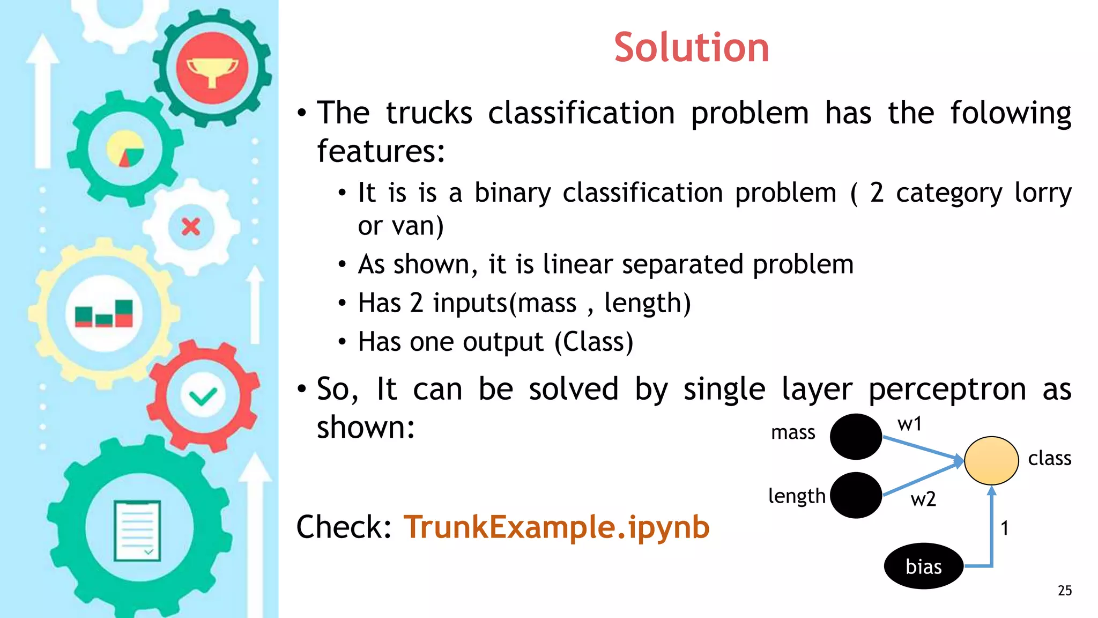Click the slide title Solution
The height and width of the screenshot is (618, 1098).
[691, 48]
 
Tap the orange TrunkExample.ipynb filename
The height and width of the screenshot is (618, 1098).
[557, 527]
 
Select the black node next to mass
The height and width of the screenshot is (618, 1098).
[856, 436]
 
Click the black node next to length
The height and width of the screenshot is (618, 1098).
[856, 495]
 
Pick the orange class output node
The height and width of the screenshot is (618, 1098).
[991, 460]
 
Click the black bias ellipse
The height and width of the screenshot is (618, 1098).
[923, 566]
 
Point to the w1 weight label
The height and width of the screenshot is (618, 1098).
[909, 424]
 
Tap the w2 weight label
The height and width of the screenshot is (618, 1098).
[923, 499]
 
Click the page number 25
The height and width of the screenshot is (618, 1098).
[1065, 591]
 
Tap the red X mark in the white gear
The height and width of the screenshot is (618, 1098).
[191, 227]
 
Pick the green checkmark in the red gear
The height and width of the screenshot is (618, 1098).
[203, 396]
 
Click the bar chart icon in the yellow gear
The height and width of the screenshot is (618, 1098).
[104, 314]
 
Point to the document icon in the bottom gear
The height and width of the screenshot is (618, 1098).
[137, 531]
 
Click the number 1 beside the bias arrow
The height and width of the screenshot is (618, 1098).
[1005, 528]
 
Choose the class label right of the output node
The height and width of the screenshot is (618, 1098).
[1049, 458]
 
